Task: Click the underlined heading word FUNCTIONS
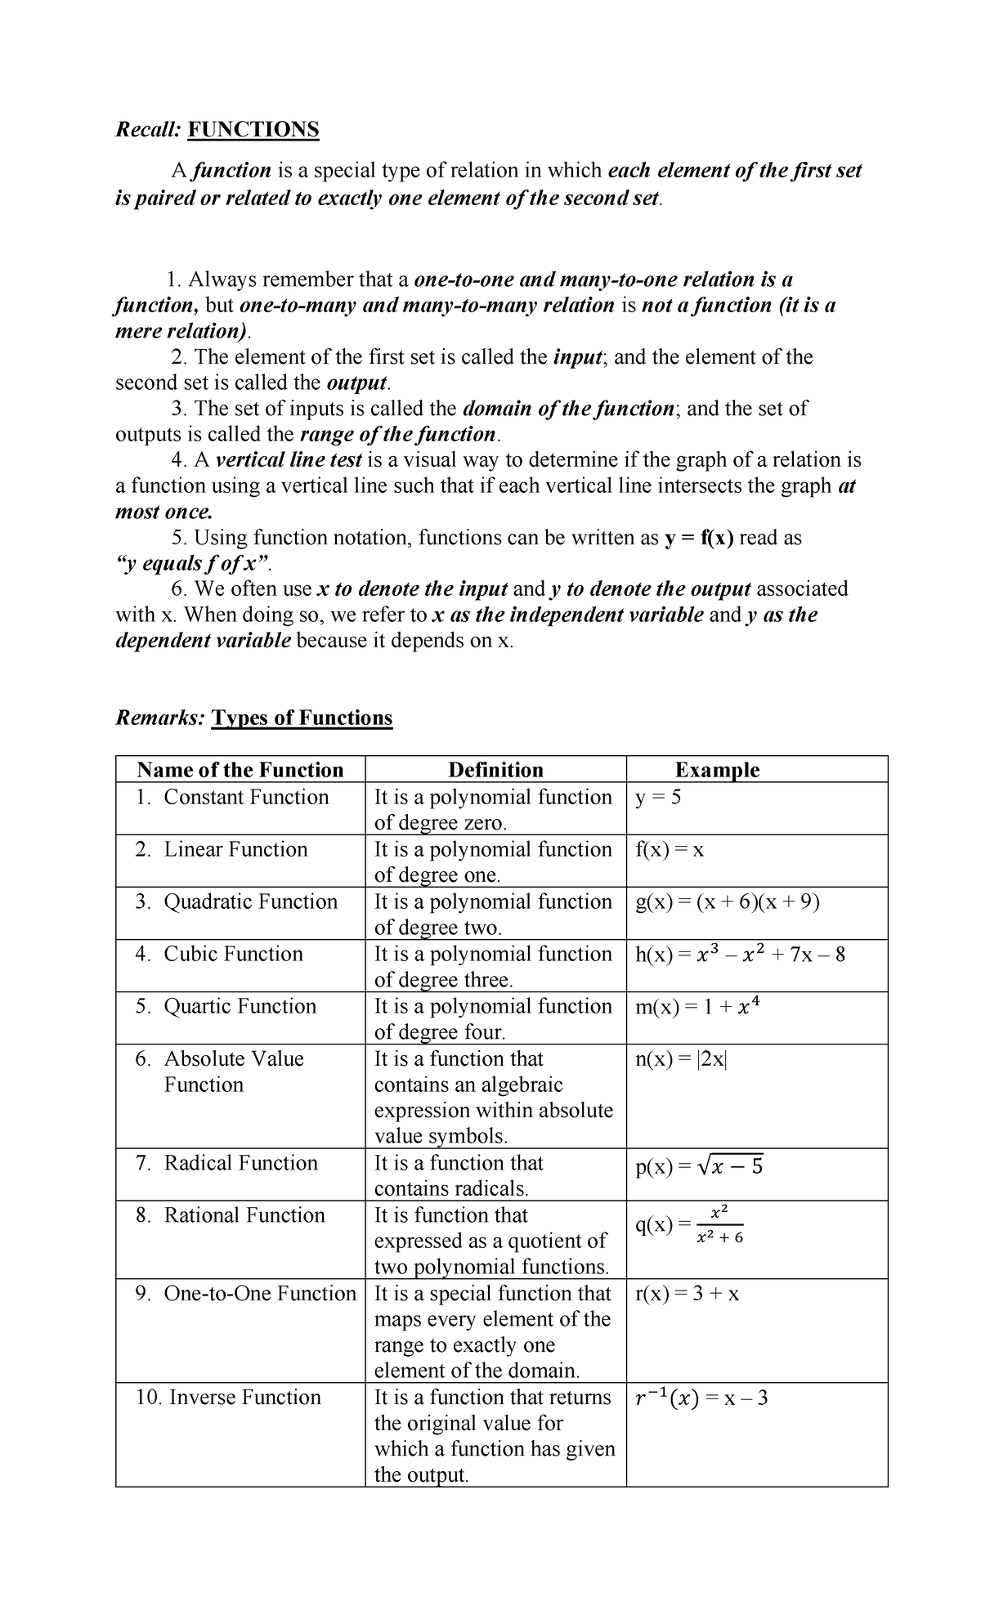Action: [253, 129]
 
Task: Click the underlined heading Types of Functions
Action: [302, 718]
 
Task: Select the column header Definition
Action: [495, 770]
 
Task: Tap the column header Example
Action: [717, 770]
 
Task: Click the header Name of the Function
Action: [240, 770]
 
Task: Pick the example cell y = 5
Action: [658, 797]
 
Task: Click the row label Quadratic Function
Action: [250, 901]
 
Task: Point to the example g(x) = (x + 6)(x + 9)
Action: [728, 901]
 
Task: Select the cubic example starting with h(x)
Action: [740, 955]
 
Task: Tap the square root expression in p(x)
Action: [729, 1166]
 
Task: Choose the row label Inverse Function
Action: [244, 1397]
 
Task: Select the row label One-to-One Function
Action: [260, 1293]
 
